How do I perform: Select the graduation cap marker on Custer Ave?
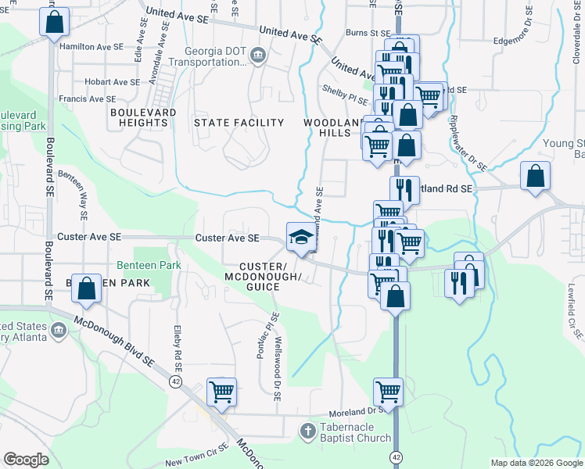300,238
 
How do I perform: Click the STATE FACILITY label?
239,123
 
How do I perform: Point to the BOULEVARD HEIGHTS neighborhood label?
143,117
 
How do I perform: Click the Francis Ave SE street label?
88,99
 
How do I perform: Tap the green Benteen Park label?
149,266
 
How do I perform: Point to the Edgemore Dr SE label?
522,42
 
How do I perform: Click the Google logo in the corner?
26,460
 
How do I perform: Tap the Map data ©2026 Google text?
536,463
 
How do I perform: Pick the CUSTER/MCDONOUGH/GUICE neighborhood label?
263,277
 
